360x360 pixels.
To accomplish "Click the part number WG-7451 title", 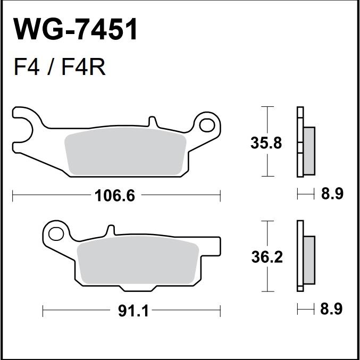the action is [76, 29].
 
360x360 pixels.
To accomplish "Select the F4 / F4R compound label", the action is [60, 67].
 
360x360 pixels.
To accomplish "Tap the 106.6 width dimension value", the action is [115, 196].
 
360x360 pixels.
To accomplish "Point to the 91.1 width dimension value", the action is [133, 311].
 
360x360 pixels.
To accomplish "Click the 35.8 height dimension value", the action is [266, 143].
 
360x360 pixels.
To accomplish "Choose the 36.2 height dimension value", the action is [267, 257].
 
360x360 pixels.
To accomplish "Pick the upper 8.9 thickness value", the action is [332, 194].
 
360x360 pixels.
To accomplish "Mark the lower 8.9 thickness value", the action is [331, 309].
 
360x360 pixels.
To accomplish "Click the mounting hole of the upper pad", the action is [207, 125].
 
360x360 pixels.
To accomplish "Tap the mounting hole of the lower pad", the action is [56, 234].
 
